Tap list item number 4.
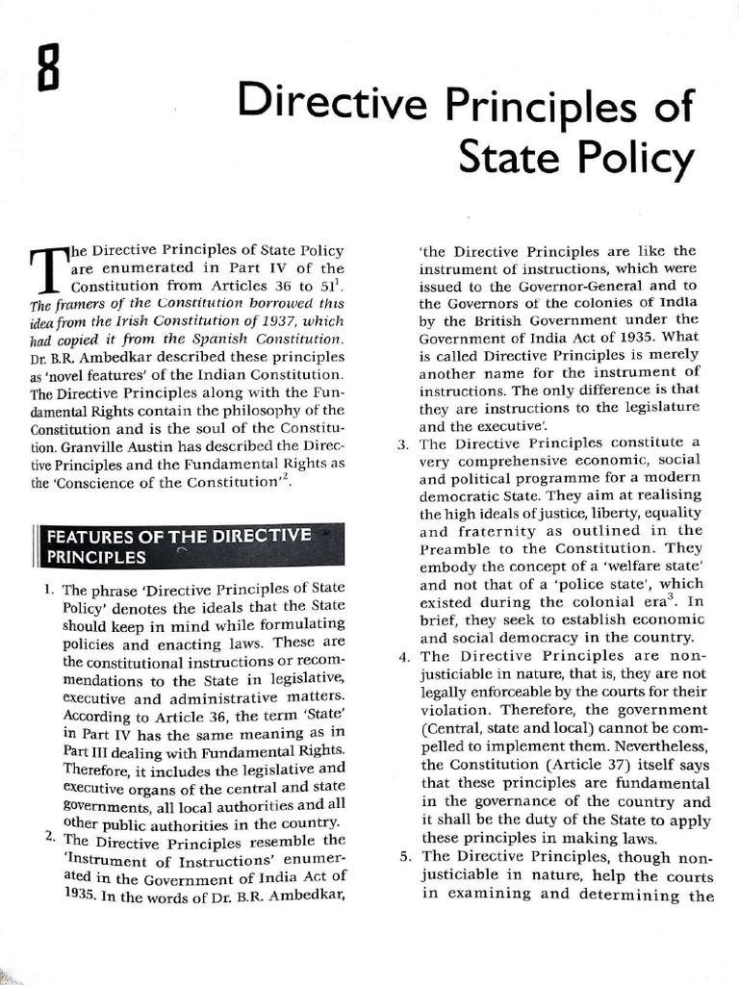click(x=403, y=657)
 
